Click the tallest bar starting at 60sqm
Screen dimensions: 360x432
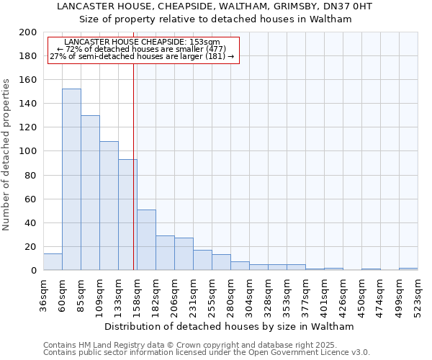[71, 180]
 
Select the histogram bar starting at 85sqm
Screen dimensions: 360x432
[90, 193]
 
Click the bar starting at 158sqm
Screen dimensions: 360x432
[146, 240]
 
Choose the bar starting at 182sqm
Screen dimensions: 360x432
[165, 253]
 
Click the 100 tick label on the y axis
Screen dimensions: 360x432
[28, 151]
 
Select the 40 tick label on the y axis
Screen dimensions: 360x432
[31, 222]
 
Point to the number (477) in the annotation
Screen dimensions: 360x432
[194, 49]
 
